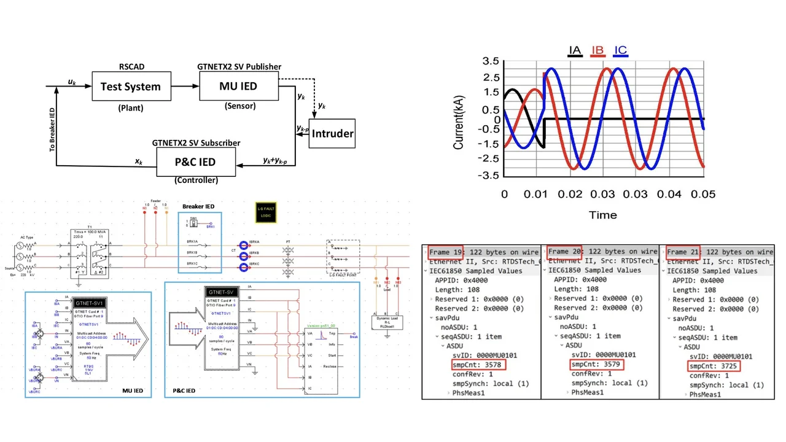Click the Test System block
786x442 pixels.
tap(130, 87)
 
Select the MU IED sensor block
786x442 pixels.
tap(238, 86)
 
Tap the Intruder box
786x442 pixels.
tap(332, 133)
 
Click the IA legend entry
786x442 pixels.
tap(575, 51)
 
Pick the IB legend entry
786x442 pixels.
tap(597, 51)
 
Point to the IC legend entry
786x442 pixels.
tap(620, 51)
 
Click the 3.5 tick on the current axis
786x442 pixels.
tap(490, 61)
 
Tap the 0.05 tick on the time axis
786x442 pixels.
tap(703, 194)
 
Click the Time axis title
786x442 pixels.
tap(603, 215)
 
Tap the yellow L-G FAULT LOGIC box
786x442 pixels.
tap(266, 212)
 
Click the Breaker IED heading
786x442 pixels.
tap(198, 207)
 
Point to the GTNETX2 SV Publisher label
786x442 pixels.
tap(239, 67)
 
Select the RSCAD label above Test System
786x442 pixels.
tap(131, 67)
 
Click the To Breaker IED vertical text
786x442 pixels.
tap(52, 130)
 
